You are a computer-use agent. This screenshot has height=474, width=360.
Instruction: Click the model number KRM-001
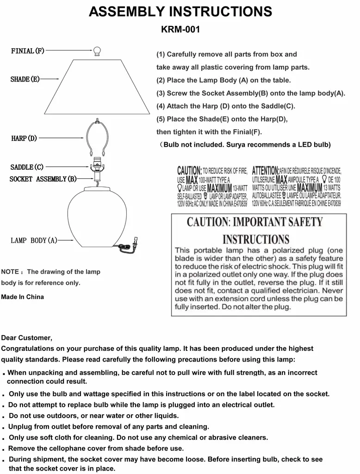click(180, 30)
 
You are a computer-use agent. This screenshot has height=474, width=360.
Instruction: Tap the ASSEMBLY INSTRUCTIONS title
click(180, 11)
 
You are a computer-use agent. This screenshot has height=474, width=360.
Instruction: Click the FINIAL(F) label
click(28, 51)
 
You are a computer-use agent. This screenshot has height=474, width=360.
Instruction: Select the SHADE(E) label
click(25, 80)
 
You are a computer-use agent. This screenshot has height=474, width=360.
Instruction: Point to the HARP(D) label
click(24, 138)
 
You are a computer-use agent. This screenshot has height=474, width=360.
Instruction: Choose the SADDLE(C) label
click(27, 167)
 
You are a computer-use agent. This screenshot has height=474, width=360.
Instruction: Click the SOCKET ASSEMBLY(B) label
click(43, 179)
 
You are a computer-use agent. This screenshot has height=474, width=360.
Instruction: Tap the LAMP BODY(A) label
click(34, 240)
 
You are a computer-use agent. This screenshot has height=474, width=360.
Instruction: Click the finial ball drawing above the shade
click(97, 51)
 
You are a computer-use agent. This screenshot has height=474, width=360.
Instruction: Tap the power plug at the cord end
click(135, 242)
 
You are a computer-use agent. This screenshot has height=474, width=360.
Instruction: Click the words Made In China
click(23, 297)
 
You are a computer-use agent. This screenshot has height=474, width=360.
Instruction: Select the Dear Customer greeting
click(27, 337)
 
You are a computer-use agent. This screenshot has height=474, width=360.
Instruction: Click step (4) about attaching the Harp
click(226, 106)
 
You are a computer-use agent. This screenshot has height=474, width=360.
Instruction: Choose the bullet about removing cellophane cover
click(96, 448)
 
